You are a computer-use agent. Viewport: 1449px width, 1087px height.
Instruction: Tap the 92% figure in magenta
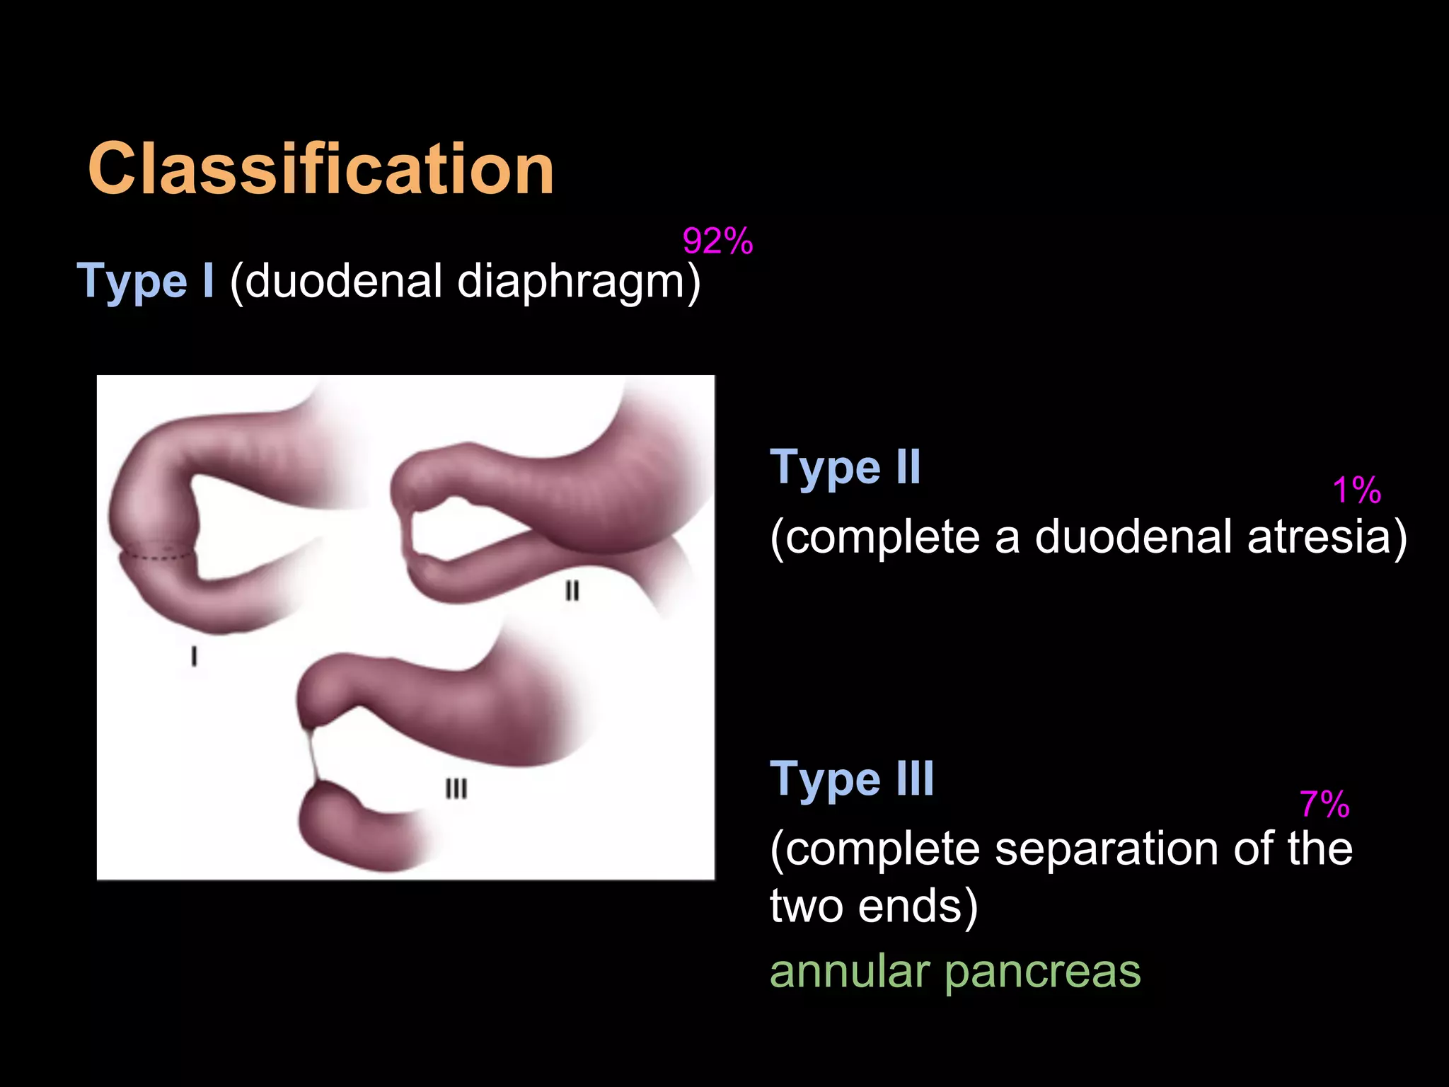[x=717, y=241]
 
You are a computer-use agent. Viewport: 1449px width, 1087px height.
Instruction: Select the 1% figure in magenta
[x=1356, y=490]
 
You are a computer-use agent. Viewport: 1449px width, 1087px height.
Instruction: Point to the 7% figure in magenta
[x=1324, y=805]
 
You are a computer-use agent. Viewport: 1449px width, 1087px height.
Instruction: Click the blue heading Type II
[x=845, y=468]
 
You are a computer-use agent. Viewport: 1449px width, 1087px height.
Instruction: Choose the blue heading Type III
[x=852, y=779]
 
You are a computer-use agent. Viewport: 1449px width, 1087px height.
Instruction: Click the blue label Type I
[x=145, y=281]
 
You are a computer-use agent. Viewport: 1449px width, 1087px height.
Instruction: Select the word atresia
[x=1327, y=536]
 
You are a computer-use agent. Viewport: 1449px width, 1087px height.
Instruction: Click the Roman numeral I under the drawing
[x=194, y=657]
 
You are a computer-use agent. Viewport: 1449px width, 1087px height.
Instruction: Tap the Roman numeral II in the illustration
[x=572, y=590]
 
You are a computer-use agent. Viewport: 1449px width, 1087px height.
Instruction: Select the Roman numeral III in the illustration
[x=456, y=788]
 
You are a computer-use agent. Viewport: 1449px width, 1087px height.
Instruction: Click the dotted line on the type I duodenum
[x=157, y=556]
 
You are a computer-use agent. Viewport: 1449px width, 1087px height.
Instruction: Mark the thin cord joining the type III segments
[x=312, y=754]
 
